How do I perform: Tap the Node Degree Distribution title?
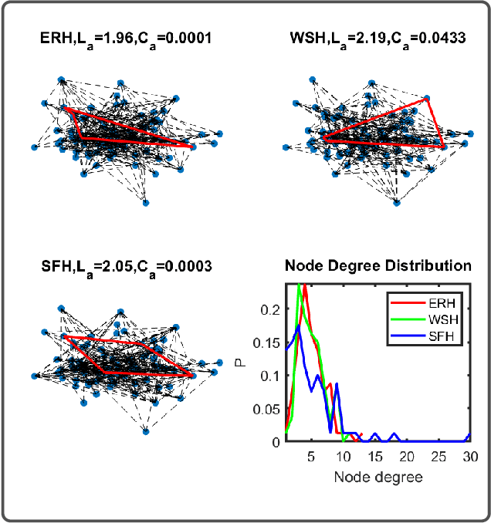[378, 266]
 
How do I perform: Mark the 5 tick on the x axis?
[311, 456]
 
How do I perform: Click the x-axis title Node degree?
[378, 477]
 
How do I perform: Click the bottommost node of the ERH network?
[146, 203]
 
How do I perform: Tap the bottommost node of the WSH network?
[397, 203]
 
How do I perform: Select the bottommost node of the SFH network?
[146, 430]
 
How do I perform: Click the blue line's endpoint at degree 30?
[469, 434]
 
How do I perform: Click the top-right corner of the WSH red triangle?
[426, 100]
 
